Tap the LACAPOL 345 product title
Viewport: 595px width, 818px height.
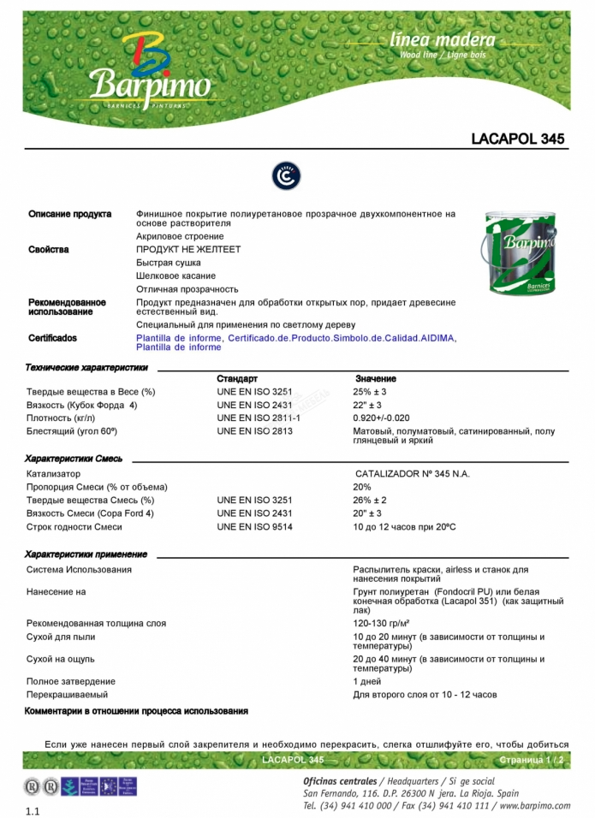(517, 139)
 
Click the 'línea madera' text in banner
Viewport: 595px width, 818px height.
(442, 40)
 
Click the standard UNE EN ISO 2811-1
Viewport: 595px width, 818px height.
(259, 418)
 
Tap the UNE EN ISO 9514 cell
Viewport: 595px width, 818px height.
(254, 527)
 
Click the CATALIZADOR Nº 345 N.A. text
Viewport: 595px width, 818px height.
(412, 473)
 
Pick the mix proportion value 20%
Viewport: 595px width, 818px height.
(362, 487)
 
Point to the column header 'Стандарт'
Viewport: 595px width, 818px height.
(236, 378)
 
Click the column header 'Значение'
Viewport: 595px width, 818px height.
(375, 378)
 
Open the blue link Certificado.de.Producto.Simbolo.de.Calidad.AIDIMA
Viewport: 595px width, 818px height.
(341, 339)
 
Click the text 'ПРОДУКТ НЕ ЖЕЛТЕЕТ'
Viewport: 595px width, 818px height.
(188, 250)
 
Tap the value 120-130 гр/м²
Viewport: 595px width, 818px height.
(381, 624)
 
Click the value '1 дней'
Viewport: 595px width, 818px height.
(366, 682)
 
